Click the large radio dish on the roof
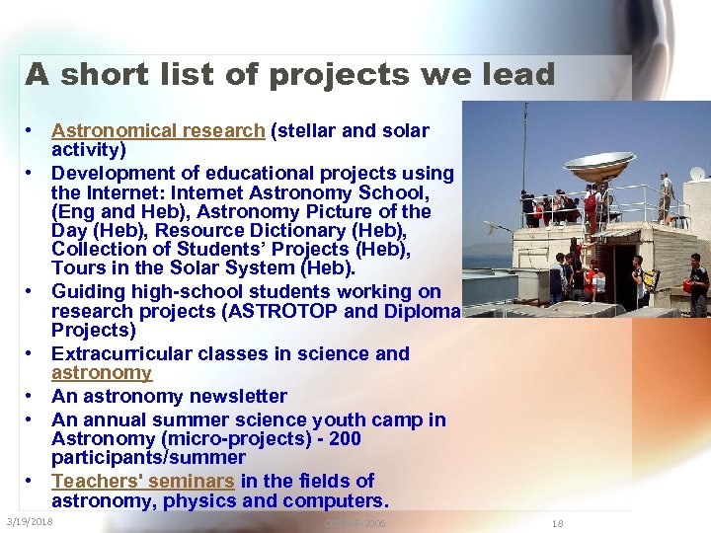click(x=598, y=164)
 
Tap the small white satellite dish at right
click(x=698, y=174)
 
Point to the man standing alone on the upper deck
click(x=666, y=195)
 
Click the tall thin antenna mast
click(x=524, y=148)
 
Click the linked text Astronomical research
click(x=158, y=130)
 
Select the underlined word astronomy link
click(x=102, y=373)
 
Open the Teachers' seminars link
click(x=143, y=481)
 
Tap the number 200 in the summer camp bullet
click(x=345, y=438)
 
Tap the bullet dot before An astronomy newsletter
click(x=32, y=396)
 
